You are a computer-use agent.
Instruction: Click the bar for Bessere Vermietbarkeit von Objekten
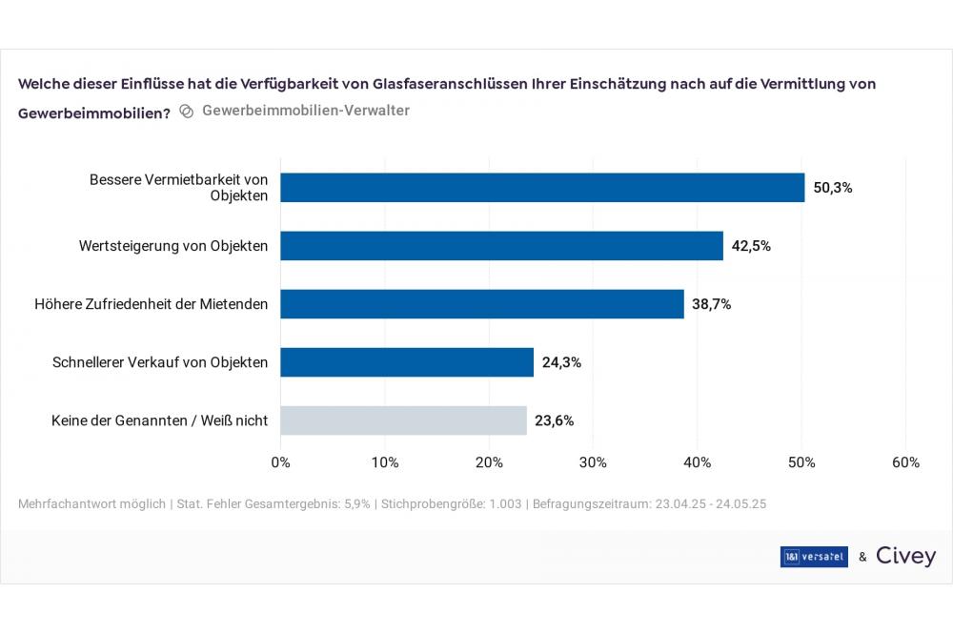pos(542,188)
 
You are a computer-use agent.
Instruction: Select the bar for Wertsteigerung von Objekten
pos(501,246)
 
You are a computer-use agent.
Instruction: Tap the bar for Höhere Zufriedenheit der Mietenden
pos(482,304)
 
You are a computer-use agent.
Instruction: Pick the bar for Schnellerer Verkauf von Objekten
pos(407,362)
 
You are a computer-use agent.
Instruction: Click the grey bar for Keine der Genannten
pos(403,420)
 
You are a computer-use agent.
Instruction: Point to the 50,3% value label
pos(832,188)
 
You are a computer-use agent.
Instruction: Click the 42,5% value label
pos(751,246)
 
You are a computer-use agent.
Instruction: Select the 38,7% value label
pos(711,304)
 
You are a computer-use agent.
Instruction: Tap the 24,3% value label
pos(561,362)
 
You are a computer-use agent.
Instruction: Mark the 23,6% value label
pos(554,420)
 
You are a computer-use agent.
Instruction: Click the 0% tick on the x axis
pos(281,462)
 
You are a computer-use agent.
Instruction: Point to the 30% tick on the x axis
pos(593,462)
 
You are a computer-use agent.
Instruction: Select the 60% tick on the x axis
pos(905,462)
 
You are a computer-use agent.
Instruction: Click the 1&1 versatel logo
pos(813,557)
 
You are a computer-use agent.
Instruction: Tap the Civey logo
pos(905,556)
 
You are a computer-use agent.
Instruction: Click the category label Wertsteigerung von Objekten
pos(173,246)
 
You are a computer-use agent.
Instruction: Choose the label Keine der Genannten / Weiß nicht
pos(159,420)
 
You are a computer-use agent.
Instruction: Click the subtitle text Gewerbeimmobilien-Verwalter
pos(306,111)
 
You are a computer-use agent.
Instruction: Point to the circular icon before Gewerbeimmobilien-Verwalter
pos(187,111)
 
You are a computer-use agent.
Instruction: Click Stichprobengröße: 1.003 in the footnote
pos(452,502)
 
